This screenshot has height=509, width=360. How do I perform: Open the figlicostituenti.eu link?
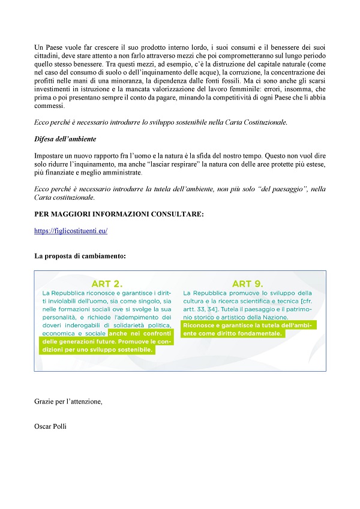pos(71,230)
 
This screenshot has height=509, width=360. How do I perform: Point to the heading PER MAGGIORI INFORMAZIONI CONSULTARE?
pos(119,213)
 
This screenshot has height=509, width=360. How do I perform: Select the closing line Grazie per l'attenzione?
pos(68,401)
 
